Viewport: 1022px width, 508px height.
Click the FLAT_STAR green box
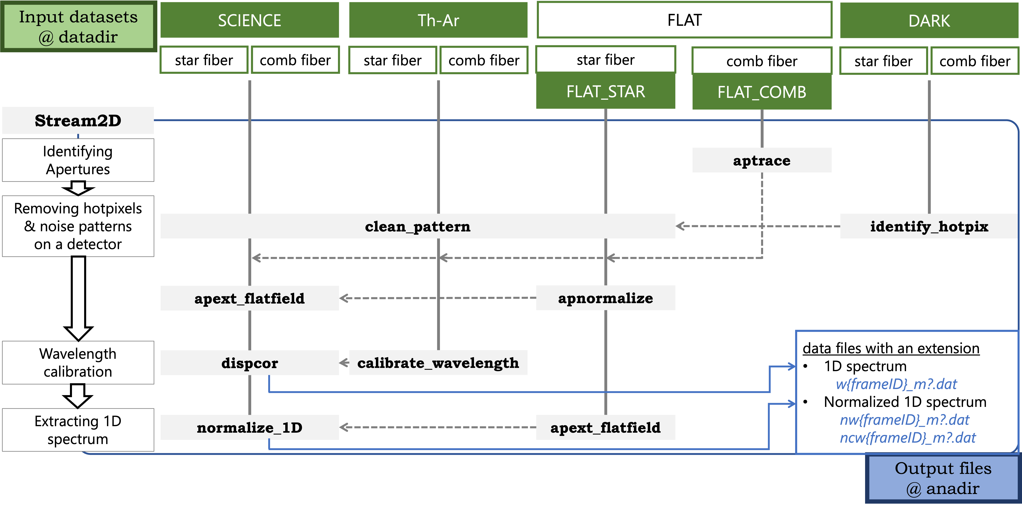(605, 91)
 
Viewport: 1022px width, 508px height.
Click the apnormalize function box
(605, 298)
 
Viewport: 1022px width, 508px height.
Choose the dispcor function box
(250, 363)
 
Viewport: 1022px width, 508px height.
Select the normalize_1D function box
(250, 427)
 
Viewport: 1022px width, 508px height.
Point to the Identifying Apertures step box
(78, 160)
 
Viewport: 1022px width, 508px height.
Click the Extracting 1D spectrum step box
(78, 430)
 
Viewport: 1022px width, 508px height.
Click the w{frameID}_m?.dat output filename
(896, 384)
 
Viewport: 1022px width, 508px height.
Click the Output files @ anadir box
(943, 478)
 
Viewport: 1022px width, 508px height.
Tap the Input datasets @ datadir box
(78, 27)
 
